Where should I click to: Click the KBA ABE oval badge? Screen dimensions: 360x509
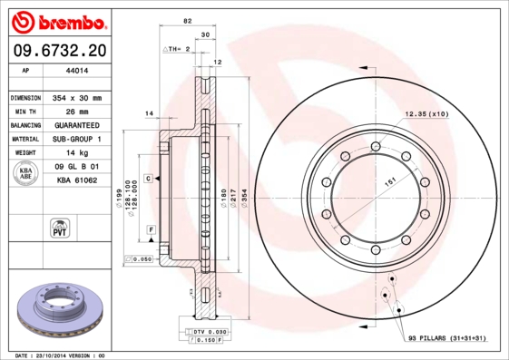(x=26, y=175)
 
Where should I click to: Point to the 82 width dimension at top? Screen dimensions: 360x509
(x=187, y=21)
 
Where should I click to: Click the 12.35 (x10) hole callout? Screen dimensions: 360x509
(x=426, y=114)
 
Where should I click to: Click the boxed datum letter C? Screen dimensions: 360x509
(x=148, y=180)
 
